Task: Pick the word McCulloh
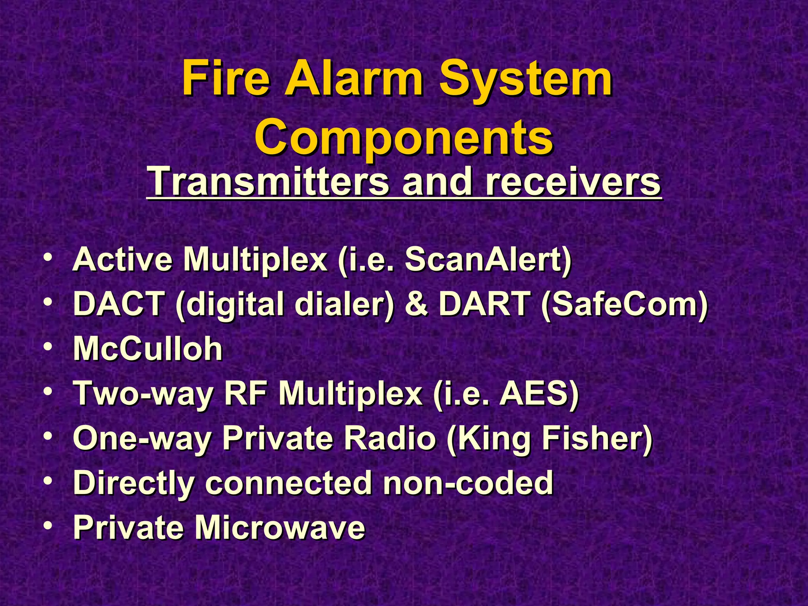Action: pos(148,349)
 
